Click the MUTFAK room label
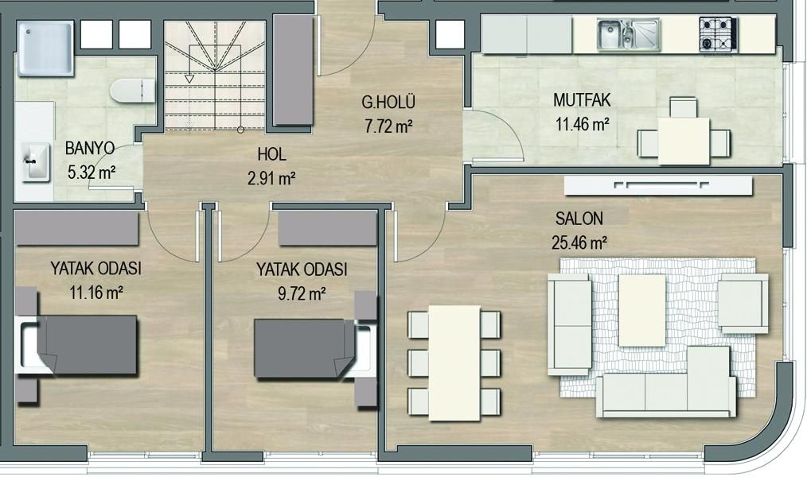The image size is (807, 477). [x=582, y=99]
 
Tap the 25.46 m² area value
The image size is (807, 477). [x=579, y=242]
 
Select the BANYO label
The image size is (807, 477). [x=90, y=148]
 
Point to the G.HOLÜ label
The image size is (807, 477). [x=388, y=103]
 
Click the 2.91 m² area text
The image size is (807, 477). [x=271, y=178]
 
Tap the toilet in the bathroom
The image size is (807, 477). [x=132, y=91]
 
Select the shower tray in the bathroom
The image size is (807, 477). [x=46, y=48]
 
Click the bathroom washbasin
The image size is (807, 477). [x=36, y=162]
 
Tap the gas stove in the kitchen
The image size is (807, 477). [x=718, y=34]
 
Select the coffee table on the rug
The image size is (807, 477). [x=642, y=310]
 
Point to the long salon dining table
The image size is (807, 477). [x=454, y=363]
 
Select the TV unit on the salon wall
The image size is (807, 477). [x=658, y=185]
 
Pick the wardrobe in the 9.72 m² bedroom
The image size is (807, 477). [x=328, y=228]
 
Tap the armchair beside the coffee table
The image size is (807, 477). [x=743, y=303]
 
